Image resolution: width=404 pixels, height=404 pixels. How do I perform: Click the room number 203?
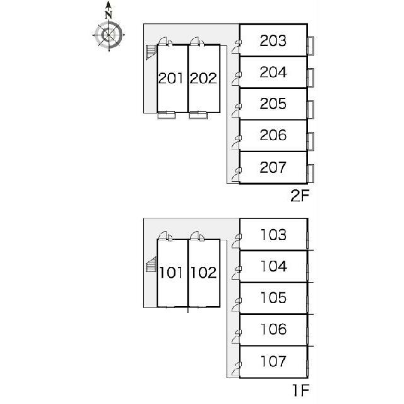273,40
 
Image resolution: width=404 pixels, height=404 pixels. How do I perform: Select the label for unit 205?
273,104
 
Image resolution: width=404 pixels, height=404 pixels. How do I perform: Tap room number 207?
273,167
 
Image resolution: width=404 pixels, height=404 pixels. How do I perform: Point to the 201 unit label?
171,78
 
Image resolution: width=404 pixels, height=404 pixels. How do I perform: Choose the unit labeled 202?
203,78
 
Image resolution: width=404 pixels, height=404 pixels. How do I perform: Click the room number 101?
171,273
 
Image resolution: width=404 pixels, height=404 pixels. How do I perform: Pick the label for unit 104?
273,266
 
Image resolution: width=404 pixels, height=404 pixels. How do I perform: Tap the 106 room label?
273,330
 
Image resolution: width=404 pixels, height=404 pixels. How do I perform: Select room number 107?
273,361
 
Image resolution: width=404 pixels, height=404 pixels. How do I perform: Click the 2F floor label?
300,196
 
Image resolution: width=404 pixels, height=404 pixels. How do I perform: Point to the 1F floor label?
300,390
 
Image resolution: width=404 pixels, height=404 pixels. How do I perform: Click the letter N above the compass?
109,15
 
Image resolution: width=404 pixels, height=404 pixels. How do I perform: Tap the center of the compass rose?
109,35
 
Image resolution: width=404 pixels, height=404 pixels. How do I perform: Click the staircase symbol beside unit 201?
151,52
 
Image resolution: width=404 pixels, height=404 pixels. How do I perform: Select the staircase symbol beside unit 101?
151,264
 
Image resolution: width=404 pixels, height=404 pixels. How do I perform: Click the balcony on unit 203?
311,46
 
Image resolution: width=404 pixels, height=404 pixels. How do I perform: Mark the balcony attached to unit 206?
311,141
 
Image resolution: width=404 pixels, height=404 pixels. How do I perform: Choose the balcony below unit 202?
198,115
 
